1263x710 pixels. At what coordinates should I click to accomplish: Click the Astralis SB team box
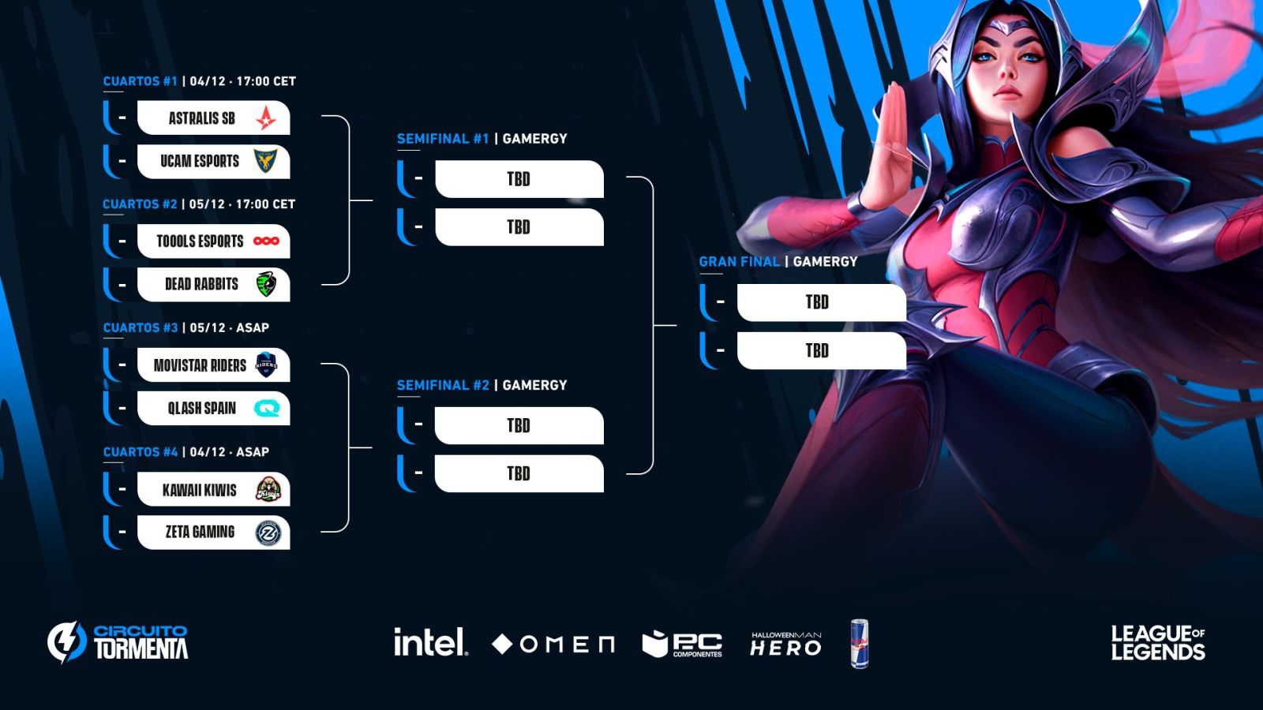click(213, 118)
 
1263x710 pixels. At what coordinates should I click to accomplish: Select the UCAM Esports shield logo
click(266, 161)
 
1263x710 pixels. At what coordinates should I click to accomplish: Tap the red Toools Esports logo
click(266, 241)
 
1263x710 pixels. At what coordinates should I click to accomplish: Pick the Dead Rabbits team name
click(201, 284)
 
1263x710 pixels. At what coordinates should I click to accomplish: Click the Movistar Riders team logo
click(267, 364)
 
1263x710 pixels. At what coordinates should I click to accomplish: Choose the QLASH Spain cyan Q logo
click(267, 408)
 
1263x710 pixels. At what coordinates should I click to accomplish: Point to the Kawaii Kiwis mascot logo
click(268, 490)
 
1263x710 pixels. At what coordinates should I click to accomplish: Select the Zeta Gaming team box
click(213, 532)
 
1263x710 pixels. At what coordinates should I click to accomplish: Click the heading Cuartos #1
click(141, 81)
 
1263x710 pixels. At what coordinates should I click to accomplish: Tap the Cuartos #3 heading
click(141, 327)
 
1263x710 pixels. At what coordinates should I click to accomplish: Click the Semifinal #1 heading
click(443, 139)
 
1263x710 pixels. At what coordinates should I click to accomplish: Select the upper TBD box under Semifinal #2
click(519, 426)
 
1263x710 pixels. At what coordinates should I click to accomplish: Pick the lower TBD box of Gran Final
click(821, 350)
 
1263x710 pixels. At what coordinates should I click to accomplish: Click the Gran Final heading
click(739, 262)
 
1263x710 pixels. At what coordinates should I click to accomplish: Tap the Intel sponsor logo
click(430, 643)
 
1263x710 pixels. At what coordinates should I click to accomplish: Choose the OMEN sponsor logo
click(553, 645)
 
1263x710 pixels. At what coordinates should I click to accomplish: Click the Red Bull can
click(860, 644)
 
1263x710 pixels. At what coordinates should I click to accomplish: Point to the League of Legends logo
click(1157, 643)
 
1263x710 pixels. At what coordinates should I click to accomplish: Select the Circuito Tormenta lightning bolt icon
click(66, 641)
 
